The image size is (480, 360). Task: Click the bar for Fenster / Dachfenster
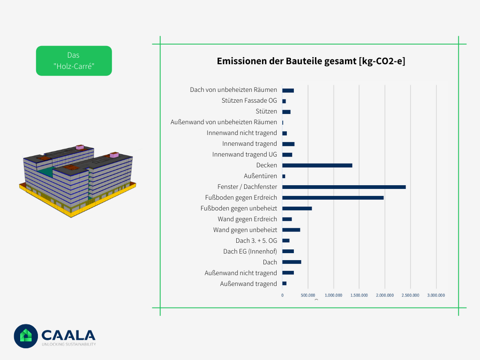coord(344,187)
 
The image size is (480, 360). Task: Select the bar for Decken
coord(317,165)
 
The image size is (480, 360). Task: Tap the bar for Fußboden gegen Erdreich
coord(333,198)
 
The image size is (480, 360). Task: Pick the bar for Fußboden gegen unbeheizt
coord(297,209)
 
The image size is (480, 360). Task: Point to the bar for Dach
coord(292,262)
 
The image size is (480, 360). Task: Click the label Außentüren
coord(260,176)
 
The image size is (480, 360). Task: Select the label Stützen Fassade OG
coord(249,101)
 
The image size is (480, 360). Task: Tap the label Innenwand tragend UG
coord(244,155)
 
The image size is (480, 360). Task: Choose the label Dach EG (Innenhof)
coord(250,252)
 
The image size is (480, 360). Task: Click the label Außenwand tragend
coord(248,284)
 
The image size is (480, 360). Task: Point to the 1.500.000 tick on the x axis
coord(359,295)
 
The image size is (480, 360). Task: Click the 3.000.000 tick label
coord(436,295)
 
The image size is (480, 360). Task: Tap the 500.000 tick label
coord(307,295)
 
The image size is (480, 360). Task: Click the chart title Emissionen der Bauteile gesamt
coord(311,61)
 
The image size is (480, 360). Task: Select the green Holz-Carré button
coord(74,61)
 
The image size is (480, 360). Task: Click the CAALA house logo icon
coord(26,336)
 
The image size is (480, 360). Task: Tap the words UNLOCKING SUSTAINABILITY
coord(68,345)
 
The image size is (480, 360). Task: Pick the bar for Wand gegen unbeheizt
coord(291,230)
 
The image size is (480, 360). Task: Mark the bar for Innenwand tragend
coord(288,144)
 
